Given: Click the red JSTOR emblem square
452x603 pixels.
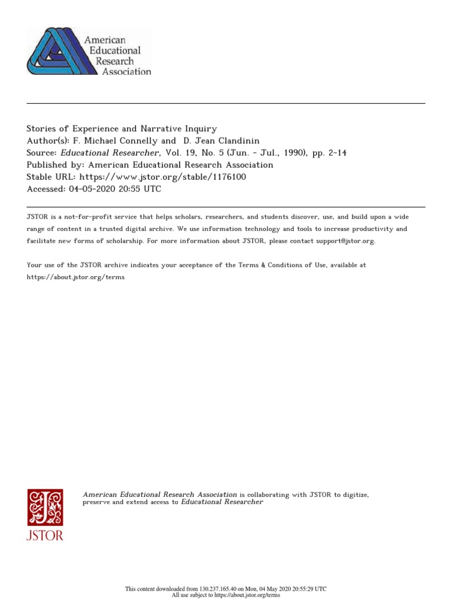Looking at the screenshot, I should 45,507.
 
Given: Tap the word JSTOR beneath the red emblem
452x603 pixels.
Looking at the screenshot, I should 45,535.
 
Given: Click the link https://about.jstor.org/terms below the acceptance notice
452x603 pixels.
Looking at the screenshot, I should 76,277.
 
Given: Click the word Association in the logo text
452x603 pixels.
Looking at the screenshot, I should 127,72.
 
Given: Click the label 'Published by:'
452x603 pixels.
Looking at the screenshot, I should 55,165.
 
